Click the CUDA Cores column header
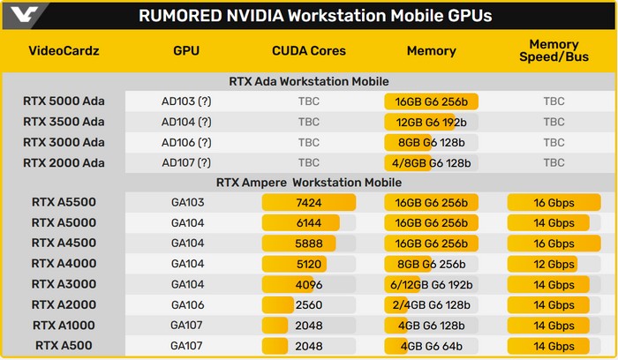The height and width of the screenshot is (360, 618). tap(309, 51)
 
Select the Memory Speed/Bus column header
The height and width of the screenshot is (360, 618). tap(554, 51)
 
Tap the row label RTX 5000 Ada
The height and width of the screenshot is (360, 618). tap(64, 101)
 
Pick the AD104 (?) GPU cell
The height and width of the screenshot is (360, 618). tap(192, 121)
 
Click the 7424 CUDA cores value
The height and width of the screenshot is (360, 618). tap(309, 202)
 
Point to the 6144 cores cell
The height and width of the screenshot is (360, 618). tap(309, 222)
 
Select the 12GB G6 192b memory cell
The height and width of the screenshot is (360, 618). tap(431, 121)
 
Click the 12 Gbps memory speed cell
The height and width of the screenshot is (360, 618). tap(554, 264)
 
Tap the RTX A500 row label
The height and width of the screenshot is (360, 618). tap(64, 345)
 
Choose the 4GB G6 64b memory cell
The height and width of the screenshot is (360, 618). tap(431, 345)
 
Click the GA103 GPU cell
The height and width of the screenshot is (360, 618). tap(192, 202)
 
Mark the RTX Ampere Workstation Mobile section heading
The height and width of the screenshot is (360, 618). tap(309, 183)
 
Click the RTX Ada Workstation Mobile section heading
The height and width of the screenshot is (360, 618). tap(309, 82)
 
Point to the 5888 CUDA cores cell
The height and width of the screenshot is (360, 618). tap(309, 243)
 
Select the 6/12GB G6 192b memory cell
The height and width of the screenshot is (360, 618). tap(431, 284)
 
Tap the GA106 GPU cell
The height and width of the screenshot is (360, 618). tap(192, 304)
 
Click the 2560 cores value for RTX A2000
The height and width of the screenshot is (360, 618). tap(309, 304)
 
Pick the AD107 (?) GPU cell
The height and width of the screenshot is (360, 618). tap(192, 162)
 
